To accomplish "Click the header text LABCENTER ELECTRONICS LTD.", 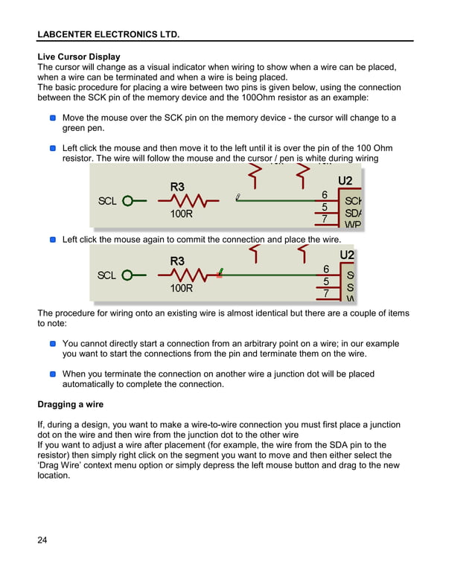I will (108, 34).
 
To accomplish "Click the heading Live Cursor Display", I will (78, 57).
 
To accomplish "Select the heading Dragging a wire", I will (70, 404).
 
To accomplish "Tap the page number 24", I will (42, 540).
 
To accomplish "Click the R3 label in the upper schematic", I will (177, 186).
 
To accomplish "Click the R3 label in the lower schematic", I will (177, 261).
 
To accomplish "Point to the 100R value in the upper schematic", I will (181, 214).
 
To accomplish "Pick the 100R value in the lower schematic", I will (181, 288).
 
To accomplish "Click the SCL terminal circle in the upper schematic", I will (127, 201).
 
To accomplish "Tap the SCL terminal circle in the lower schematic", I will (127, 275).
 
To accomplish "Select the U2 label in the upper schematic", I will (345, 181).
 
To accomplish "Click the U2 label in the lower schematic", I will (347, 255).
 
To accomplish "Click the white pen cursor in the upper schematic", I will (238, 197).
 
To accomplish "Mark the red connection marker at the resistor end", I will (219, 275).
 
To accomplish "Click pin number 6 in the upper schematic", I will (325, 195).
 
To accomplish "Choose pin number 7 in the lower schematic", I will (325, 294).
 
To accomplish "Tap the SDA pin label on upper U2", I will (353, 213).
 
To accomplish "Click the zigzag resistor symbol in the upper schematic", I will (194, 201).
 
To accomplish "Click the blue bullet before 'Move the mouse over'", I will (53, 118).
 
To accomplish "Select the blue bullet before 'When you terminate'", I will (53, 374).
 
